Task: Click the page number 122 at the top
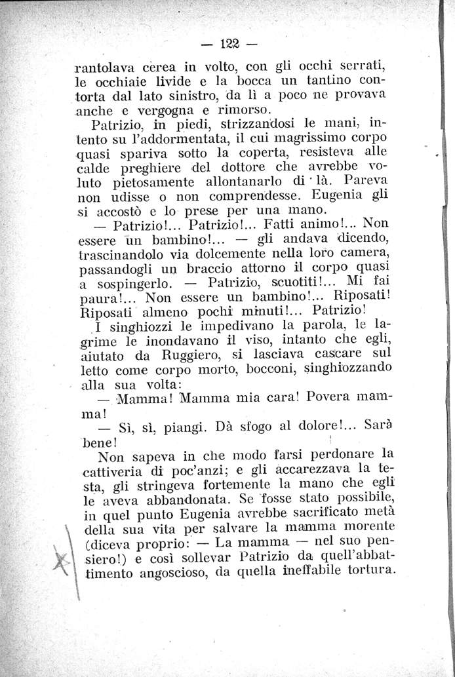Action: point(229,45)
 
